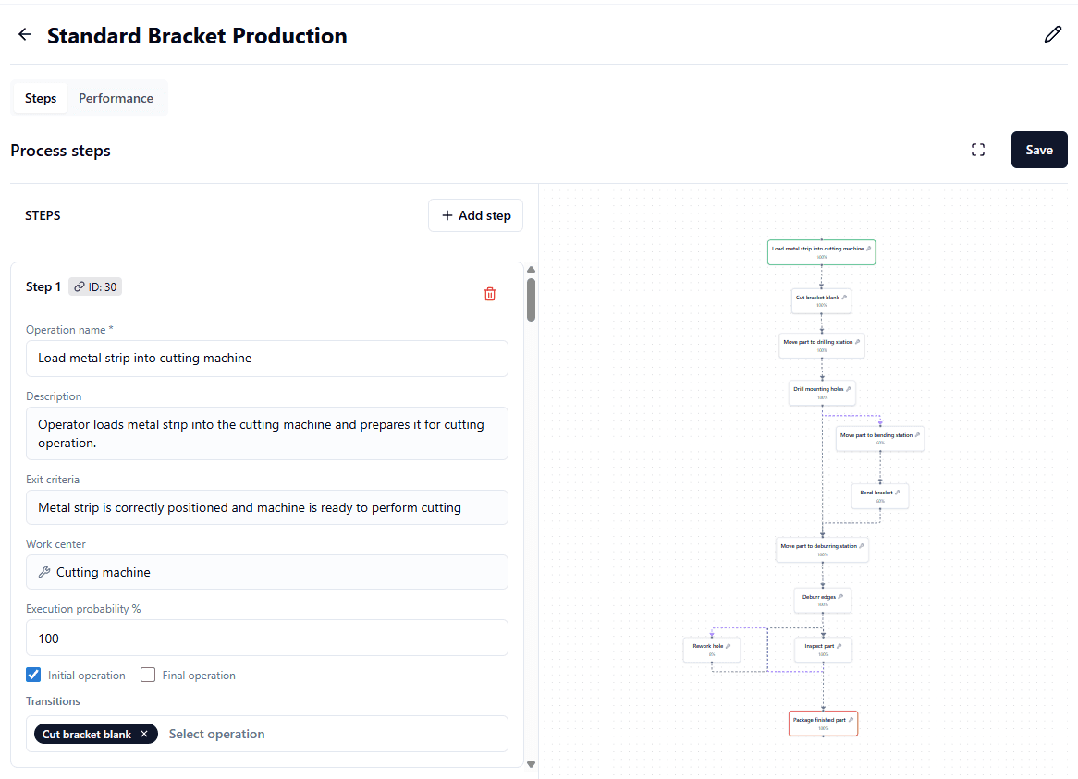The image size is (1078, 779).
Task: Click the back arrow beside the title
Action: tap(25, 35)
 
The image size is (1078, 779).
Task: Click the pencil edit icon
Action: tap(1052, 35)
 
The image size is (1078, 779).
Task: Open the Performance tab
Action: tap(116, 98)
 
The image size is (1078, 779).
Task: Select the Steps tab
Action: tap(41, 98)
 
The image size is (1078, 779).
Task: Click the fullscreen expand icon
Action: tap(978, 150)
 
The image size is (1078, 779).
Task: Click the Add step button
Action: tap(475, 215)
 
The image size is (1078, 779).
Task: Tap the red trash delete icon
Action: tap(490, 294)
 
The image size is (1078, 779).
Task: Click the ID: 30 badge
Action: tap(95, 286)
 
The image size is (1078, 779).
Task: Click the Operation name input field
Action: tap(266, 358)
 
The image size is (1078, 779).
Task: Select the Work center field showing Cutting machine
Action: tap(266, 572)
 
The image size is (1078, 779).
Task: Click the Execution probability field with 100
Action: tap(266, 638)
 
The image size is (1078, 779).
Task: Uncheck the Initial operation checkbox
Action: tap(33, 675)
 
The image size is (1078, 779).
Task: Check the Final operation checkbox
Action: tap(148, 675)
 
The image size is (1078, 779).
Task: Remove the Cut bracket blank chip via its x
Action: tap(144, 734)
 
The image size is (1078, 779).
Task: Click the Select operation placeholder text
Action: tap(217, 734)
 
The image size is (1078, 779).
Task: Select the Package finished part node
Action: tap(823, 723)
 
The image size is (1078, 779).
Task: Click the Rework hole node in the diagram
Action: tap(712, 649)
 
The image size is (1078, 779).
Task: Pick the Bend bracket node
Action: tap(879, 495)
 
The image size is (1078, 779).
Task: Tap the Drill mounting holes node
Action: tap(822, 392)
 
